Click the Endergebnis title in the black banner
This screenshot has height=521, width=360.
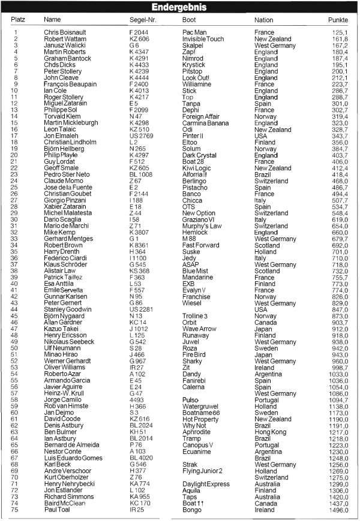[x=179, y=8]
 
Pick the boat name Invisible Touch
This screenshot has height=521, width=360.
[x=203, y=39]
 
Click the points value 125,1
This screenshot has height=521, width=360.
[x=339, y=32]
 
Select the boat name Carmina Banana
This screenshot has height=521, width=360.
[x=205, y=123]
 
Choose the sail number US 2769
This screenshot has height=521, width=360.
[x=142, y=136]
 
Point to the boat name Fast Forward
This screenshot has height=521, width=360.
[x=201, y=245]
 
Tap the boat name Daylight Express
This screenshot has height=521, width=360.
[x=206, y=483]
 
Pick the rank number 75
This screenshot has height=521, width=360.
[x=16, y=510]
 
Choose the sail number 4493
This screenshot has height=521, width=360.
[x=137, y=399]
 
